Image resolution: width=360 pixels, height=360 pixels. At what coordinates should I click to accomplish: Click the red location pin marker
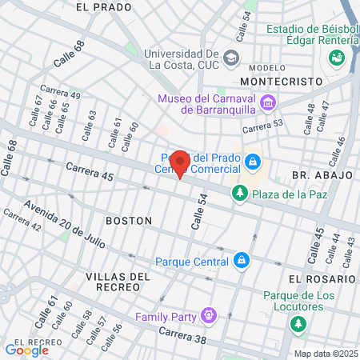180,163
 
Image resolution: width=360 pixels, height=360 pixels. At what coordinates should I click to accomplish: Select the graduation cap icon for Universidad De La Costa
232,58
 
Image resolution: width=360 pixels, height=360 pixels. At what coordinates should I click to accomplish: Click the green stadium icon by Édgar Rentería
336,58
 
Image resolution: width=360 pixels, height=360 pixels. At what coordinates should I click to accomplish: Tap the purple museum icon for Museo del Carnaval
269,104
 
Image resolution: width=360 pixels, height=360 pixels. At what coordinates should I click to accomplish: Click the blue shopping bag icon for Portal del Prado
253,162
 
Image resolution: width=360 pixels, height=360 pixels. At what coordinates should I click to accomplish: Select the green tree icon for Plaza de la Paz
238,193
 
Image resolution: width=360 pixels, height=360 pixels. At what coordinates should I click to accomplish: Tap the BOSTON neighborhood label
129,220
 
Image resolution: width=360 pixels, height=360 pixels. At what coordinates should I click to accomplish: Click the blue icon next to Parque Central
241,261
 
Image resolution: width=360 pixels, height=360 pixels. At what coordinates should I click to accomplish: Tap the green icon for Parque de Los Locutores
298,324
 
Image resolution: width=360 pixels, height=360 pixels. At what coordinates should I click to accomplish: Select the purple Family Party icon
209,316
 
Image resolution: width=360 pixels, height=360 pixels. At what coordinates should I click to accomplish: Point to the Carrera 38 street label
182,336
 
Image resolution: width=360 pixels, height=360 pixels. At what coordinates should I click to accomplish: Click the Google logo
26,350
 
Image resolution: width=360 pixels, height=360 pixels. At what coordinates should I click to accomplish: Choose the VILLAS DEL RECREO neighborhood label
118,282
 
